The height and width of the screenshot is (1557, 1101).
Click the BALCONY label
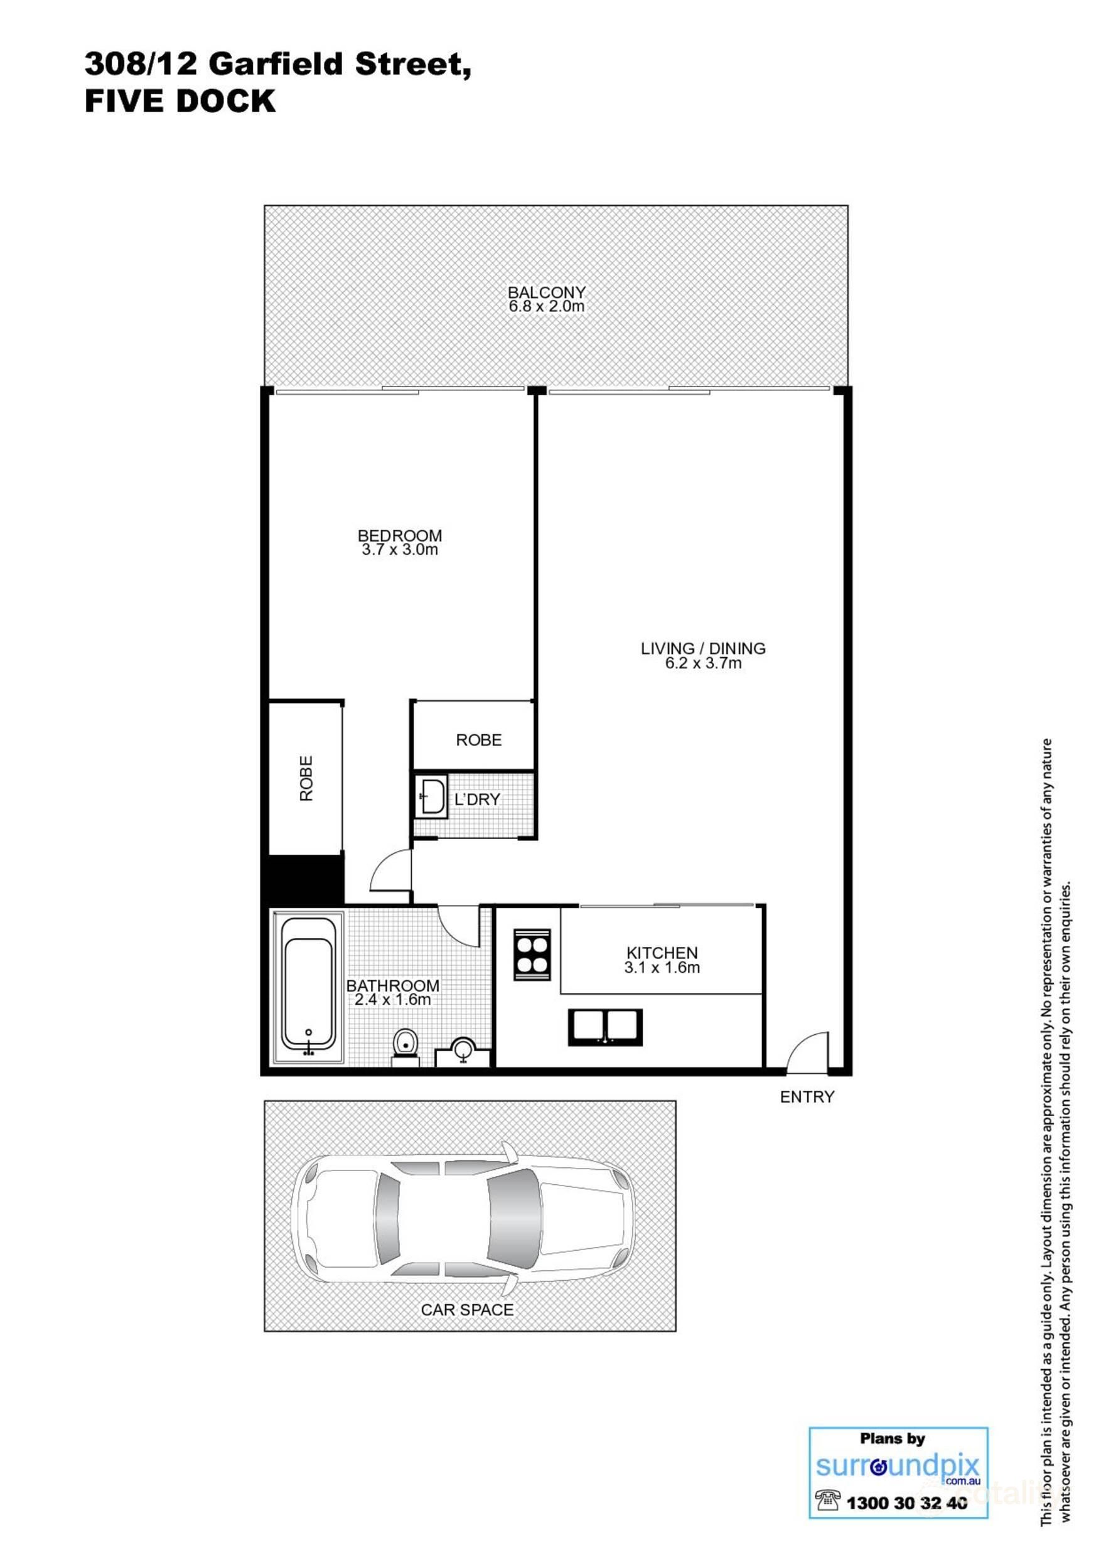[546, 292]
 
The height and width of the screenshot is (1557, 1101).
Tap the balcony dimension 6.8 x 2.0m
[546, 306]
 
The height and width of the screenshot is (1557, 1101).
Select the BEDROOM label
[400, 536]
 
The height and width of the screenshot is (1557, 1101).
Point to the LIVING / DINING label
[703, 648]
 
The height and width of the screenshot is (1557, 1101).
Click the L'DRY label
[477, 800]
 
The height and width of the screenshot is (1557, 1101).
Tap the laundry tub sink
[431, 797]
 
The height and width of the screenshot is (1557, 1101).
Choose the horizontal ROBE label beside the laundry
[478, 740]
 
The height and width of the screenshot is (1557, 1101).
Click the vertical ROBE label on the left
[306, 778]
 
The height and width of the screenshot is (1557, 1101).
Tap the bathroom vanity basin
[463, 1051]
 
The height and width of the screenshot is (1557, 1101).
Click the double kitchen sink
[605, 1027]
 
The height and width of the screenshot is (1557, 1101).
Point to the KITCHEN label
[662, 953]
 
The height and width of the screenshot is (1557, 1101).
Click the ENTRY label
[807, 1096]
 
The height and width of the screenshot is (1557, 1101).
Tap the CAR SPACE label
[467, 1310]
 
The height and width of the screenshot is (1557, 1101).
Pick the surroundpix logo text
[898, 1465]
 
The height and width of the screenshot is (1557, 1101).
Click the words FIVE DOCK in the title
[180, 101]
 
